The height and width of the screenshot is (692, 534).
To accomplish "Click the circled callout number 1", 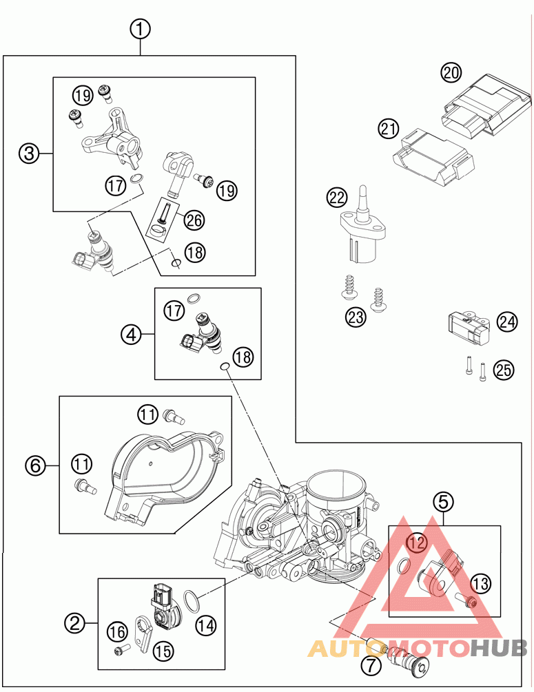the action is [x=140, y=30].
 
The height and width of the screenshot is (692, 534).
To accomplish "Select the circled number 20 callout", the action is [x=451, y=72].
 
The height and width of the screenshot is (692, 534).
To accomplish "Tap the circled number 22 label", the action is [x=337, y=198].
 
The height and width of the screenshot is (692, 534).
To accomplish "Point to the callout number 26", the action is [x=194, y=220].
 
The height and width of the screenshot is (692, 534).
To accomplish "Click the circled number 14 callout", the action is [x=206, y=625].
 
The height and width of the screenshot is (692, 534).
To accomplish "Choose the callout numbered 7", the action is [x=371, y=665].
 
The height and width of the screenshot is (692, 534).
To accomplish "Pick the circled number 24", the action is [x=507, y=322].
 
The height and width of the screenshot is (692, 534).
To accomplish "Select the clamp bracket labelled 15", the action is [x=143, y=634].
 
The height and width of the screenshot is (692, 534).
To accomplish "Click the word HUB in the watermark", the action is [x=498, y=648].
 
